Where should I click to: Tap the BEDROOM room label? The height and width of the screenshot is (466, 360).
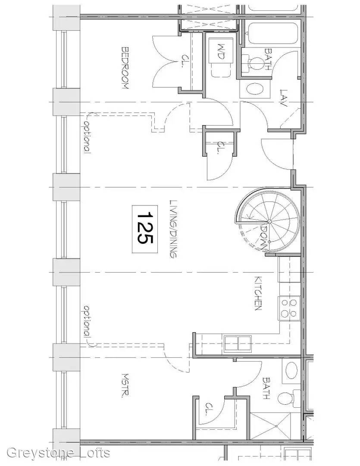pos(125,68)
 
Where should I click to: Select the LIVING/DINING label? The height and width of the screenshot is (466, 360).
pos(173,229)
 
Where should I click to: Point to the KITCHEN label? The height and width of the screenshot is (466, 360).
pos(258,293)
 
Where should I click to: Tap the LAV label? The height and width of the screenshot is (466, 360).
pos(284,98)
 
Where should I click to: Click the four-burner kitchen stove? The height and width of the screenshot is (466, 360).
pos(289,308)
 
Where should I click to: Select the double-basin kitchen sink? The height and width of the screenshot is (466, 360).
pos(238,344)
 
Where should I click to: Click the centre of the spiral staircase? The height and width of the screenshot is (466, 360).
pos(269,221)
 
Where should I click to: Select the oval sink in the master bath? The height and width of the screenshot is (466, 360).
pos(291,370)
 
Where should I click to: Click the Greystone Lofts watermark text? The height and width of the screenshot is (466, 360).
pos(59,453)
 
